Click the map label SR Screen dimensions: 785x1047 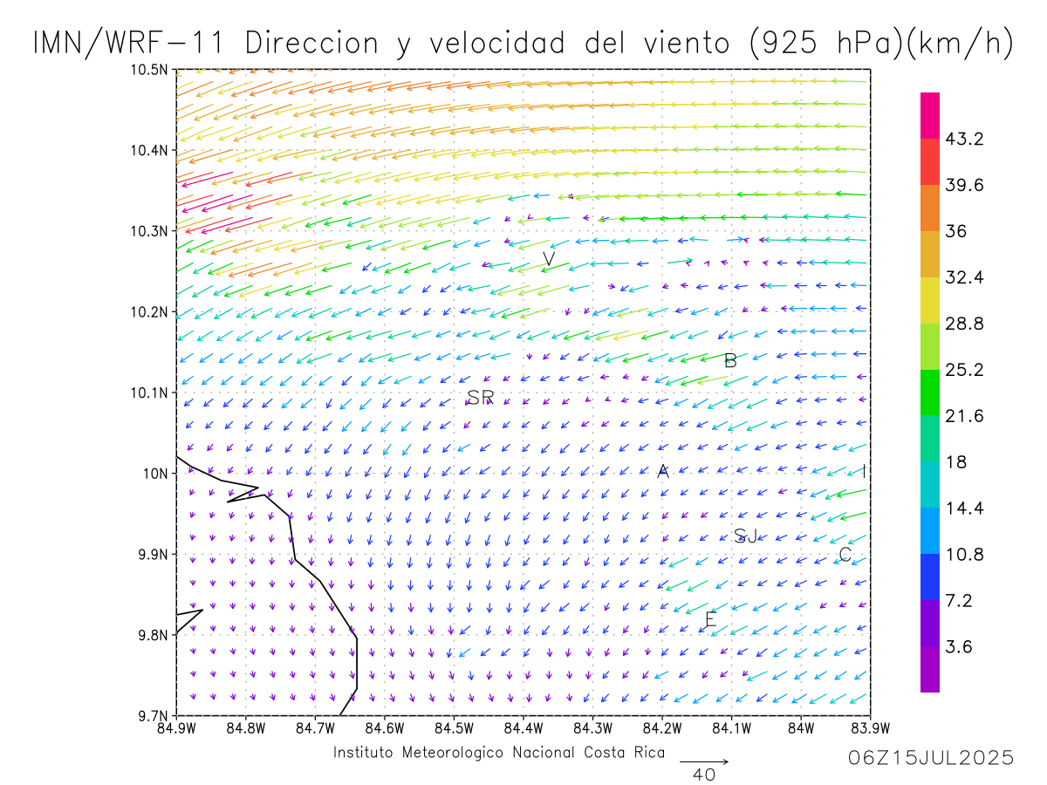(481, 398)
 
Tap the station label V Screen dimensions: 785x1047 (549, 259)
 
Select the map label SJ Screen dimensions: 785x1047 (745, 536)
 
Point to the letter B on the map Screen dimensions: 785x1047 (730, 360)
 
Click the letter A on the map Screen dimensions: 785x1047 (663, 472)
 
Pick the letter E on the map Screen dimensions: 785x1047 (710, 620)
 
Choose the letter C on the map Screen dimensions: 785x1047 (845, 555)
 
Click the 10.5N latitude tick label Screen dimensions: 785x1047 (151, 70)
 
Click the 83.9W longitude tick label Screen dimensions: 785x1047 (870, 728)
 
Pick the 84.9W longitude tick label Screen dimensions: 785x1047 (177, 728)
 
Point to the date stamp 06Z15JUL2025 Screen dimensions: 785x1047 (931, 758)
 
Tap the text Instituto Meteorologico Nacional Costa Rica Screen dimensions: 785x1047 (498, 753)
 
